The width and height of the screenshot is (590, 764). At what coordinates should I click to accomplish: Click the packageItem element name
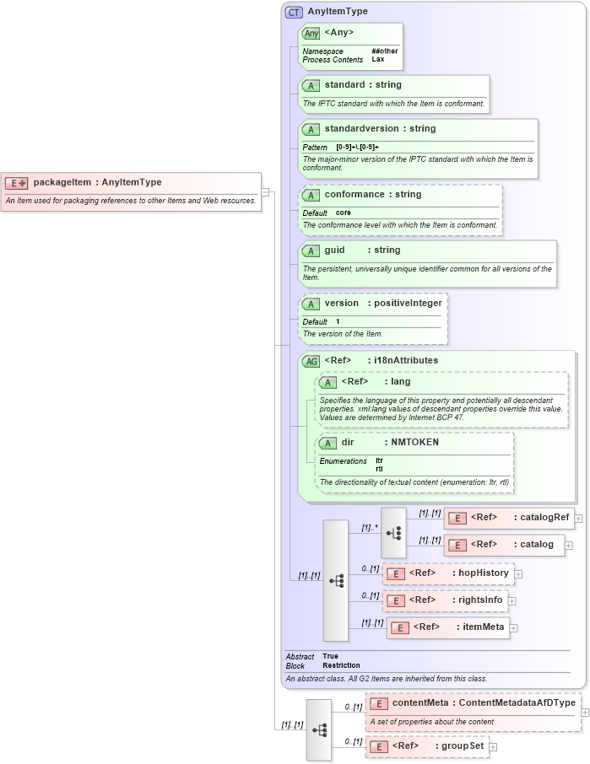(62, 182)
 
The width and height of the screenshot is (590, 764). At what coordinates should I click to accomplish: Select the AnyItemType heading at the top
(338, 12)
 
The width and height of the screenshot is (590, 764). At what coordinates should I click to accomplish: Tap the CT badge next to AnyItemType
(294, 12)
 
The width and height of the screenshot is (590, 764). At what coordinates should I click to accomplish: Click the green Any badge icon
(311, 33)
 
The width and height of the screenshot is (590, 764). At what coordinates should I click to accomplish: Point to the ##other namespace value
(384, 51)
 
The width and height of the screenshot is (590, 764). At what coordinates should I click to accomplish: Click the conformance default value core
(344, 213)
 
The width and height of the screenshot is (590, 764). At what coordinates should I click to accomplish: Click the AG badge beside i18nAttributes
(311, 361)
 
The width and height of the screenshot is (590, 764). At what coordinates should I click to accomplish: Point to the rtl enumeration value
(379, 468)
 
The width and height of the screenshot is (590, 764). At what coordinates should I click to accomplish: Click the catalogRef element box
(509, 517)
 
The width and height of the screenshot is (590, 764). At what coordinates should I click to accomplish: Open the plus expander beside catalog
(569, 546)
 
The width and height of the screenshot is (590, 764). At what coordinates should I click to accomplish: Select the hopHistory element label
(484, 573)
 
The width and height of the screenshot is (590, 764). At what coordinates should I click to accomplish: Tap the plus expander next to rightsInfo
(512, 601)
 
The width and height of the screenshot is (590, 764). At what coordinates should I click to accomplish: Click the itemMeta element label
(484, 627)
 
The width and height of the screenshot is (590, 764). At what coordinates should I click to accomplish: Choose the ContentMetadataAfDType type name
(517, 702)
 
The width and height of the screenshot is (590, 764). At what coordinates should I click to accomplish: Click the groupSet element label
(465, 746)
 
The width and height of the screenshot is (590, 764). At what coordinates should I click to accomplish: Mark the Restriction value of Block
(341, 665)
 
